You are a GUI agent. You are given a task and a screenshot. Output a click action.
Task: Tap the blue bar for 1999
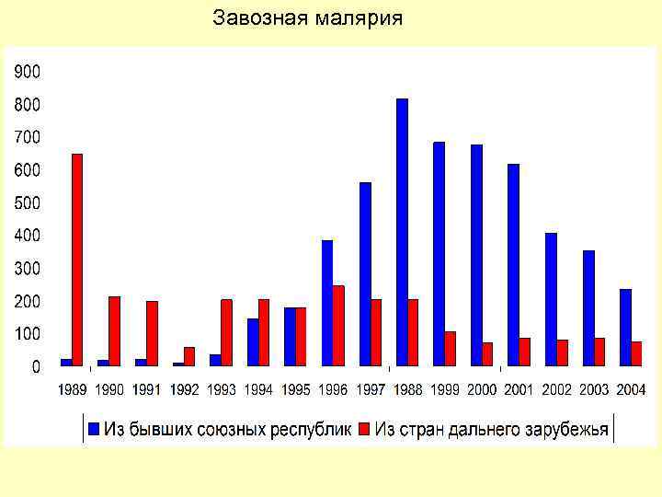439,254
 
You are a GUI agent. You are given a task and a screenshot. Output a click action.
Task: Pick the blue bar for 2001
514,265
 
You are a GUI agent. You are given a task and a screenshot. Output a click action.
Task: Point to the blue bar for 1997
365,274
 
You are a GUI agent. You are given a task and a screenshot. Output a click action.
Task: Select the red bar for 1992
189,356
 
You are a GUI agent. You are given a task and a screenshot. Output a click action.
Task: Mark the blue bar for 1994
253,342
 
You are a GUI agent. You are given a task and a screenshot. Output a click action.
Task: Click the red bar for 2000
487,354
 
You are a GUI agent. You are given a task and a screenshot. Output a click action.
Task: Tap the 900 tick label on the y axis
26,71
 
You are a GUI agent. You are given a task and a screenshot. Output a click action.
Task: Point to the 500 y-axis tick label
26,202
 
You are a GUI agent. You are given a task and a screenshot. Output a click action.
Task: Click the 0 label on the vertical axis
35,367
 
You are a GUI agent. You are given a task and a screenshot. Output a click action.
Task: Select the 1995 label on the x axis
295,390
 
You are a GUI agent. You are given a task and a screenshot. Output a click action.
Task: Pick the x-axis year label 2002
556,390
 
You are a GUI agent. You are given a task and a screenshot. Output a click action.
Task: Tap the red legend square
363,429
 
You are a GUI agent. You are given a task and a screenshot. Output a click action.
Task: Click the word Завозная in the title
257,18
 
